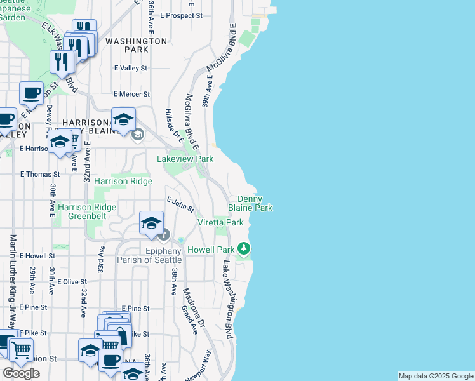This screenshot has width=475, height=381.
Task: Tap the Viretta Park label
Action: (x=220, y=223)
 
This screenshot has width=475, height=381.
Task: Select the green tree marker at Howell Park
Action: (x=243, y=248)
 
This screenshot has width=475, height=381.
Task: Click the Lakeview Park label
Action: (x=185, y=159)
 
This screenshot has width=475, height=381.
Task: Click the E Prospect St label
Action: (x=181, y=15)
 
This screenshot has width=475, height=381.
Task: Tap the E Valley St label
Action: (x=130, y=68)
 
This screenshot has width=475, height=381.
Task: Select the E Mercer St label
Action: (x=131, y=94)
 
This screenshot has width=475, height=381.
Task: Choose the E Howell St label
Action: (x=37, y=256)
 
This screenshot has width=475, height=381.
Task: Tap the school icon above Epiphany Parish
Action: (x=151, y=223)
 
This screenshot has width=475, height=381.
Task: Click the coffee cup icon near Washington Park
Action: (x=31, y=94)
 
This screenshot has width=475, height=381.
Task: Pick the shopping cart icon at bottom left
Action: (x=21, y=350)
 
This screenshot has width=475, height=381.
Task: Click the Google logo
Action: (x=21, y=373)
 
